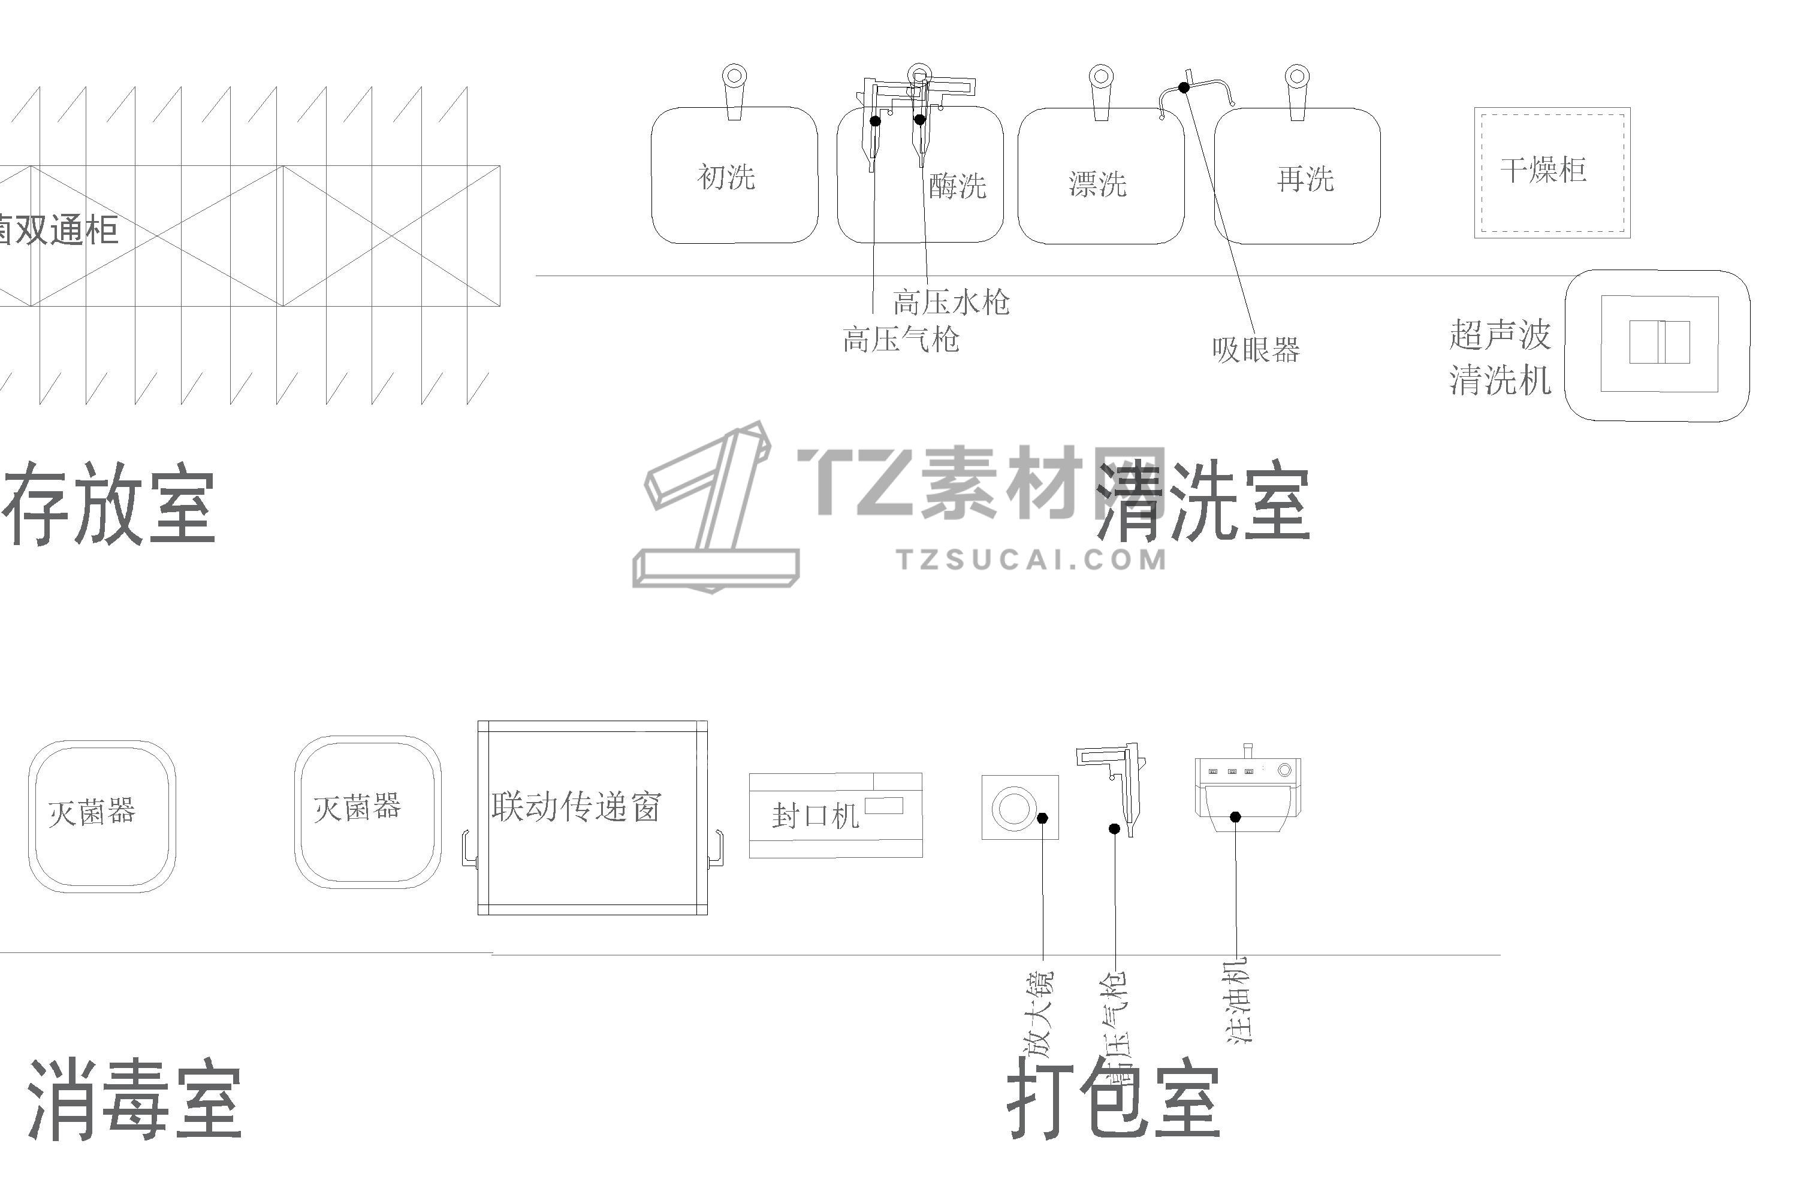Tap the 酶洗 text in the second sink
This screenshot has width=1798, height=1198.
click(x=957, y=186)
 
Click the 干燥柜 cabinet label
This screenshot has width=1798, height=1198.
click(x=1543, y=170)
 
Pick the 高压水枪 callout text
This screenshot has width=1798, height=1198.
click(x=951, y=302)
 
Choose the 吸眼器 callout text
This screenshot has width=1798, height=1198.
click(x=1255, y=350)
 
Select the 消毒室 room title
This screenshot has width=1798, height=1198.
click(x=135, y=1100)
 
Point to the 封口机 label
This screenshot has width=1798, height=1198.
click(x=815, y=816)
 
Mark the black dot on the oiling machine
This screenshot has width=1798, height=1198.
click(x=1235, y=818)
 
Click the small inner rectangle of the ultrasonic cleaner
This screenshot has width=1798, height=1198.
click(x=1659, y=341)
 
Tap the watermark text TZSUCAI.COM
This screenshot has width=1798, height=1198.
click(x=1032, y=559)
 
